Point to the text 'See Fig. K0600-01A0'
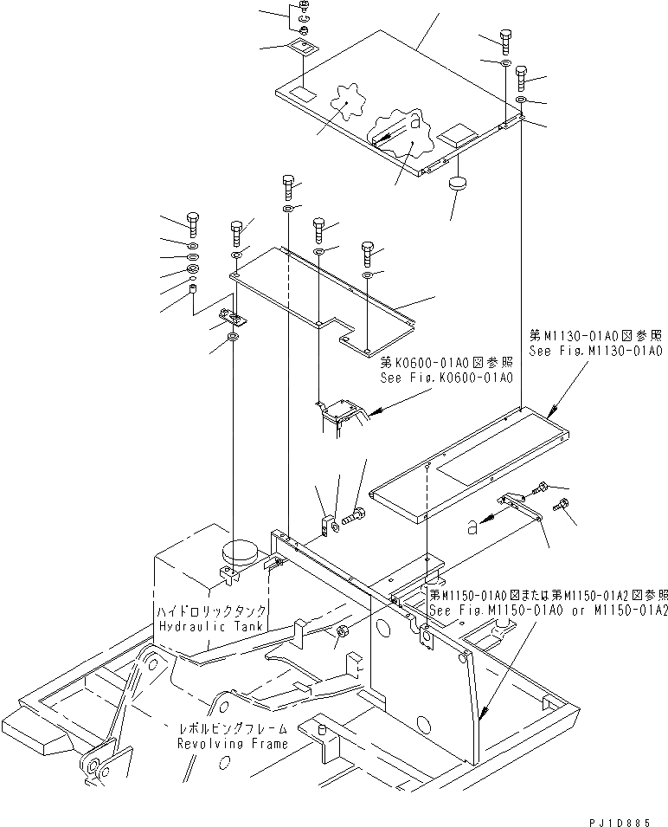[446, 378]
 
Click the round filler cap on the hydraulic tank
[240, 551]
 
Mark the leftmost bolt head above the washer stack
[192, 220]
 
